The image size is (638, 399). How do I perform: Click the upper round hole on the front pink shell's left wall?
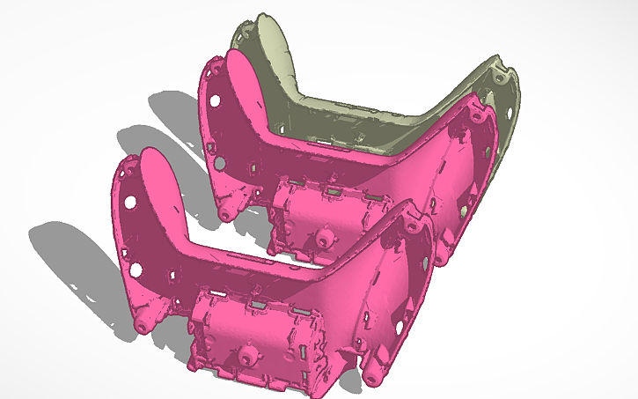pyautogui.click(x=129, y=202)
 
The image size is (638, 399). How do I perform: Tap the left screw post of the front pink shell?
pyautogui.click(x=141, y=325)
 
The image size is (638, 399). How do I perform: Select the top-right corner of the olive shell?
pyautogui.click(x=502, y=63)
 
